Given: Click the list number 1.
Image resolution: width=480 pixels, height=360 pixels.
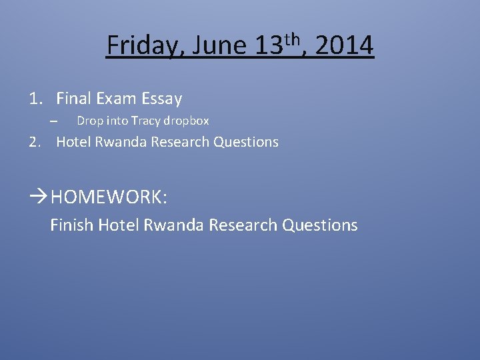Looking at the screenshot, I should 35,99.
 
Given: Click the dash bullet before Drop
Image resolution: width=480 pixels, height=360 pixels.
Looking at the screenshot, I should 53,121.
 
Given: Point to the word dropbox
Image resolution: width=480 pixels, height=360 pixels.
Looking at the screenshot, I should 185,121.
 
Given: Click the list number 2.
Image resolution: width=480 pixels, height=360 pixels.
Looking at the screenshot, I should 35,141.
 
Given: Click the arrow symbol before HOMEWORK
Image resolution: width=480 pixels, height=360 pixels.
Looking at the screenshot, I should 39,197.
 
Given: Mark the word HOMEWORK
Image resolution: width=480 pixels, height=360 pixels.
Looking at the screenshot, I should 109,197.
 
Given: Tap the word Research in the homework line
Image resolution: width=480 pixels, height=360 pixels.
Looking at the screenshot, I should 244,225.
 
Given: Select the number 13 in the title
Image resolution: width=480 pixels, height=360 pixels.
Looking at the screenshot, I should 267,45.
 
